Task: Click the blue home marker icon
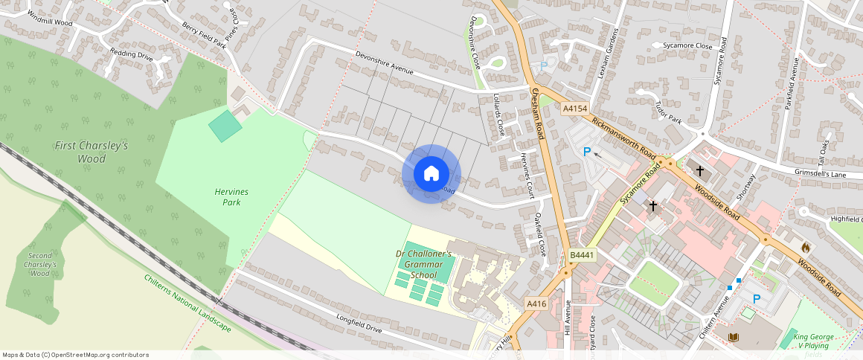click(x=431, y=174)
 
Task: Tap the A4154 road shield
click(x=574, y=109)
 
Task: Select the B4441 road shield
click(x=583, y=256)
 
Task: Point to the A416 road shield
click(x=536, y=304)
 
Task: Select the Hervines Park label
click(x=231, y=197)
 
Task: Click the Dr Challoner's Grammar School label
click(x=423, y=264)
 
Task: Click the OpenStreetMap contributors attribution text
click(x=75, y=355)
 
